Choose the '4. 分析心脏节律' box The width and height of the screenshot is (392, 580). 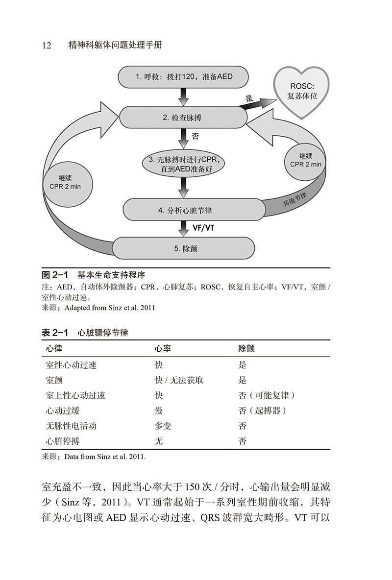[x=185, y=210]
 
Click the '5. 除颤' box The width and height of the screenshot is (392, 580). [x=185, y=248]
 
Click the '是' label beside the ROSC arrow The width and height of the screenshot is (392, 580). [x=249, y=98]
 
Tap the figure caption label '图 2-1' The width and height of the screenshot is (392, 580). [x=55, y=275]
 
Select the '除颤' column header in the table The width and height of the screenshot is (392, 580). [x=246, y=348]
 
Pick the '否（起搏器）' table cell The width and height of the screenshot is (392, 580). [x=263, y=411]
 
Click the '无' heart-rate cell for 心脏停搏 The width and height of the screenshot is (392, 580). [x=159, y=441]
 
